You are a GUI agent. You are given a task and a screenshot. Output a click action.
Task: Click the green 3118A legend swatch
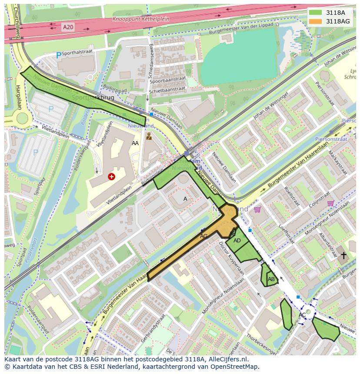tap(316, 13)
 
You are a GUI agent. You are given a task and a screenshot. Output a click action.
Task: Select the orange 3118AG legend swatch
tap(316, 21)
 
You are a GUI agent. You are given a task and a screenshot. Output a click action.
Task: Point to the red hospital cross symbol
tap(112, 176)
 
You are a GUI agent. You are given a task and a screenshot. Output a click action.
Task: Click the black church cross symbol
tap(343, 255)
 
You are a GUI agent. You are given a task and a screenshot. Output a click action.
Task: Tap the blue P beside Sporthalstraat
tap(58, 55)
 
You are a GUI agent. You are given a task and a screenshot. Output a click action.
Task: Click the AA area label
tap(135, 143)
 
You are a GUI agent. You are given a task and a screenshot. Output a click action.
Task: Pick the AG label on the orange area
tap(203, 236)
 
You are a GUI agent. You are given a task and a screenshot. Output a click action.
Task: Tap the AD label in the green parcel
tap(237, 241)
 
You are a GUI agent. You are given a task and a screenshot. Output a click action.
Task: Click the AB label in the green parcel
tap(271, 279)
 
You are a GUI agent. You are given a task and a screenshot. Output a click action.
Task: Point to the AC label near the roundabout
tap(302, 314)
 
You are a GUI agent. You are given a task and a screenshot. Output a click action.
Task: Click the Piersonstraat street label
tap(332, 139)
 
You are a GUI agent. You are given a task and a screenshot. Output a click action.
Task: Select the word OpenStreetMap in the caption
tap(237, 367)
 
